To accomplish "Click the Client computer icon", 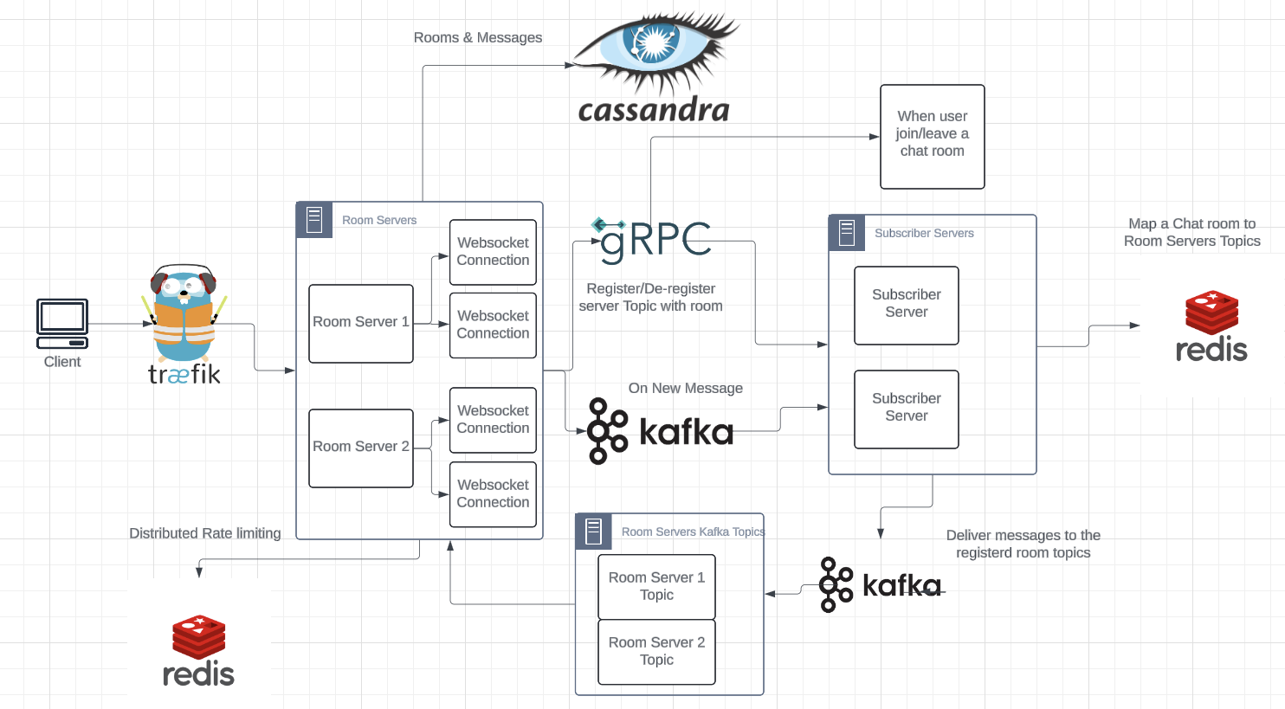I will click(62, 323).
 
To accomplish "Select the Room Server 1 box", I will click(361, 323).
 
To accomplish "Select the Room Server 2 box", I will click(361, 448).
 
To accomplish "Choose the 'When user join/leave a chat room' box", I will click(932, 136).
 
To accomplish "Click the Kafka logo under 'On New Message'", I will click(660, 431).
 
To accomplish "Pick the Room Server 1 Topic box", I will click(656, 586).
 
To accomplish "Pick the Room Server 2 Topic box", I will click(656, 651).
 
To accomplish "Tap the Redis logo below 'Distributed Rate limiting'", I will click(199, 649).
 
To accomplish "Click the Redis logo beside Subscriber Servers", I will click(1211, 326).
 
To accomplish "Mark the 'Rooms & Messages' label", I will click(478, 38).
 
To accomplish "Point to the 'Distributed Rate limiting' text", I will click(205, 533).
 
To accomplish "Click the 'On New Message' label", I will click(685, 388).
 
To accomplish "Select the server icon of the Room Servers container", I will click(314, 220).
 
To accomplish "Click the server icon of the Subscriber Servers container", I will click(847, 233).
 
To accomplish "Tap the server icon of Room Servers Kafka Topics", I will click(593, 532).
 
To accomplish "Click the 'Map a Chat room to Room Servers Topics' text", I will click(1191, 232).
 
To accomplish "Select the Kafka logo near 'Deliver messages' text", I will click(880, 585).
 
